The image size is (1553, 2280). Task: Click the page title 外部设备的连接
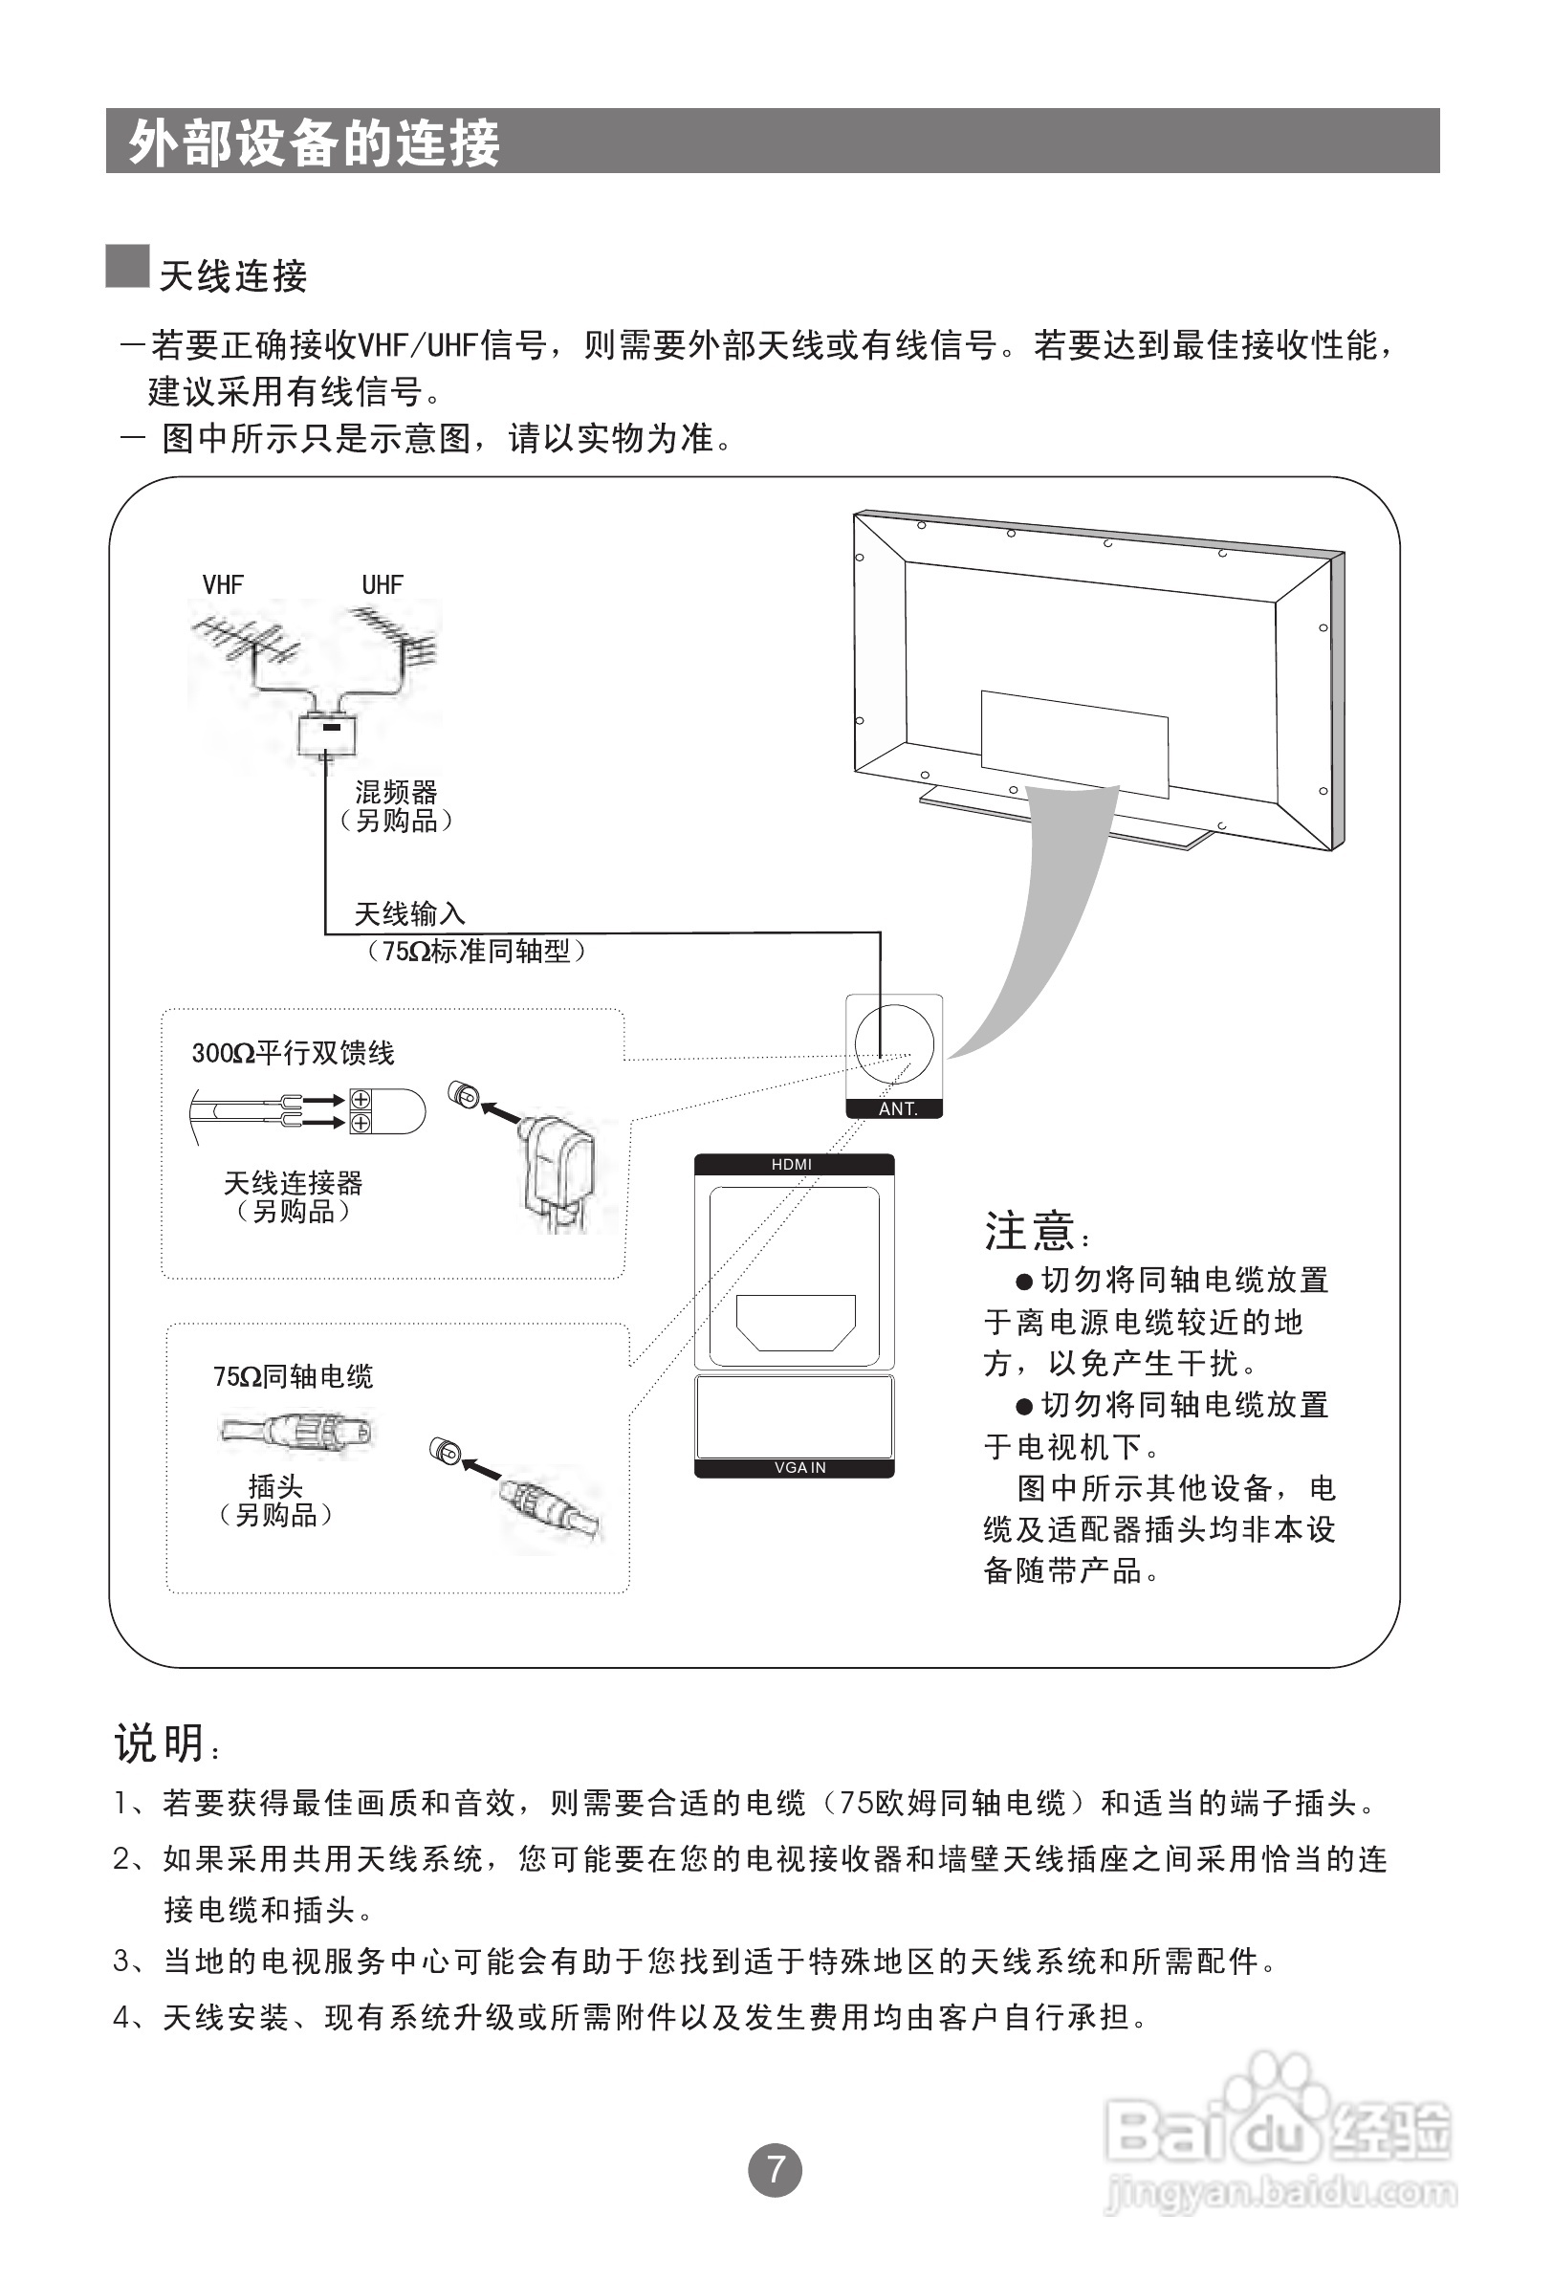point(314,143)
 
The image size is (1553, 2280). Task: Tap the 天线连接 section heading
point(233,276)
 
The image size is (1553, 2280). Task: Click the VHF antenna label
point(223,584)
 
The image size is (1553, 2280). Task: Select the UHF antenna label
point(382,584)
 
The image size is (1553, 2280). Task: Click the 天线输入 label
point(409,914)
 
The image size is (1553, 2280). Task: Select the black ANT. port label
point(895,1108)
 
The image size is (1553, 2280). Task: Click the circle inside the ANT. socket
point(894,1043)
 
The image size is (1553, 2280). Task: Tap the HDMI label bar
point(793,1165)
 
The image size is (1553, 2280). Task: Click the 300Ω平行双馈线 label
point(293,1054)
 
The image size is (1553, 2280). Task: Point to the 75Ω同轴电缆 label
point(293,1376)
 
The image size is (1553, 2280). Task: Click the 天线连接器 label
point(293,1183)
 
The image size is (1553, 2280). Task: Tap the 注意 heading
point(1030,1231)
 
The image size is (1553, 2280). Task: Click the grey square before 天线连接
point(127,267)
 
